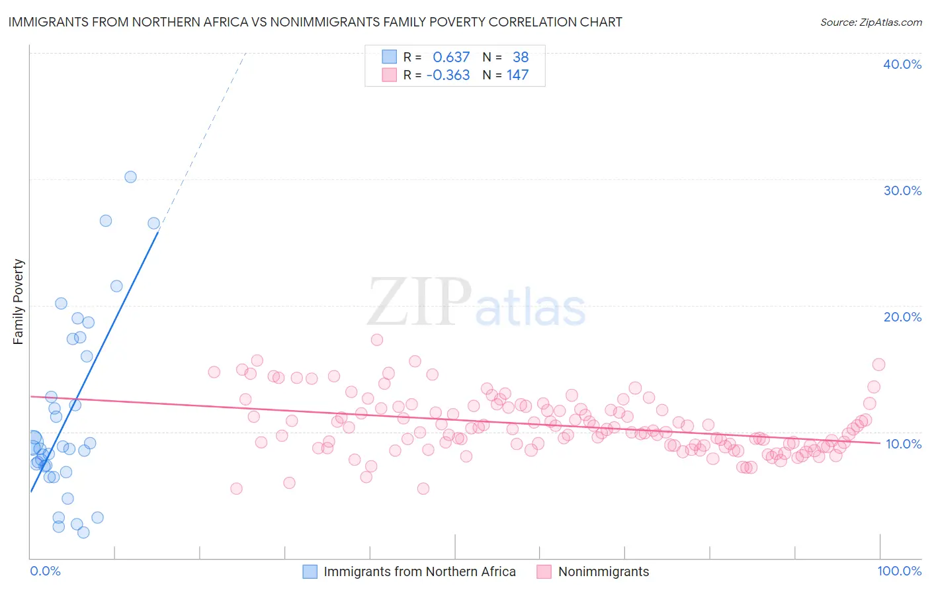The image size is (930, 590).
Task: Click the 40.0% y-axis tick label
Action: tap(902, 64)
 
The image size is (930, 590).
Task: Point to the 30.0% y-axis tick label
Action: tap(902, 190)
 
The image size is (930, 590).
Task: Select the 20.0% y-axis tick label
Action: tap(902, 317)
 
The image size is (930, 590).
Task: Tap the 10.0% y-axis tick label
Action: tap(904, 444)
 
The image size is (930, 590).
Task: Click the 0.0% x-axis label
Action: tap(45, 571)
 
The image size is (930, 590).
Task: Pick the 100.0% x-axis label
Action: tap(899, 571)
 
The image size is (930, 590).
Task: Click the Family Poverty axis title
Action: tap(19, 302)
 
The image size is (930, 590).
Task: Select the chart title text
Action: tap(315, 22)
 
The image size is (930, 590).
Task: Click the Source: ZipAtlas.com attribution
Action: tap(870, 22)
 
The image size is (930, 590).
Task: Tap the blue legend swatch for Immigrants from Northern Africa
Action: tap(310, 571)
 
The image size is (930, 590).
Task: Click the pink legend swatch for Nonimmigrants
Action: tap(544, 571)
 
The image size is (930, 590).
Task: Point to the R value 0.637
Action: tap(451, 58)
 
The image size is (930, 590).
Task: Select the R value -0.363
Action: tap(448, 75)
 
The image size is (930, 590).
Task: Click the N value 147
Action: tap(517, 75)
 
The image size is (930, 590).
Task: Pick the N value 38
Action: tap(521, 58)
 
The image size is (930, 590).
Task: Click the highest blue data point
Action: tap(130, 177)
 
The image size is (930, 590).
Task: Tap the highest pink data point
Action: tap(377, 340)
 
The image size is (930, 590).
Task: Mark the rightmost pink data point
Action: tap(878, 364)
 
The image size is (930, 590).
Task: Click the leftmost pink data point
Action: tap(214, 372)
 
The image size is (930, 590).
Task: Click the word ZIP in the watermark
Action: tap(419, 302)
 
